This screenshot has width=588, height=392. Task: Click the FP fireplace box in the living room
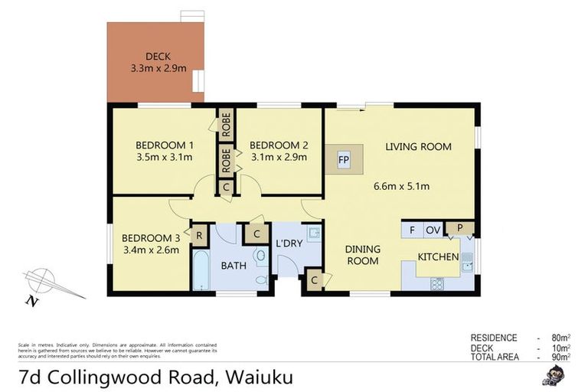click(343, 160)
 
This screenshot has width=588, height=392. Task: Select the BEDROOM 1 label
click(164, 145)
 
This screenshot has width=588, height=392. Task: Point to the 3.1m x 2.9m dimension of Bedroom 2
click(279, 158)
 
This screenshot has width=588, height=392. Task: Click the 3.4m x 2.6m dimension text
click(150, 249)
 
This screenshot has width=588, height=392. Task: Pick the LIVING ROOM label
click(418, 146)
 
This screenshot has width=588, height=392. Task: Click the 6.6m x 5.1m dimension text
click(400, 186)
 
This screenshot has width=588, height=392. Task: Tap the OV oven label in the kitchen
click(433, 229)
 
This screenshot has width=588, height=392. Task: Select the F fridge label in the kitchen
click(412, 229)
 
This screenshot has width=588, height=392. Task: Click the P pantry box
click(461, 227)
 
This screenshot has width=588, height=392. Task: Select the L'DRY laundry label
click(287, 243)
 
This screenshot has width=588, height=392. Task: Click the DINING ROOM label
click(362, 255)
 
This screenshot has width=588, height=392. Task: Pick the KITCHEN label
click(438, 256)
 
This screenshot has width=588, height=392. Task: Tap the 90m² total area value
click(561, 357)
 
